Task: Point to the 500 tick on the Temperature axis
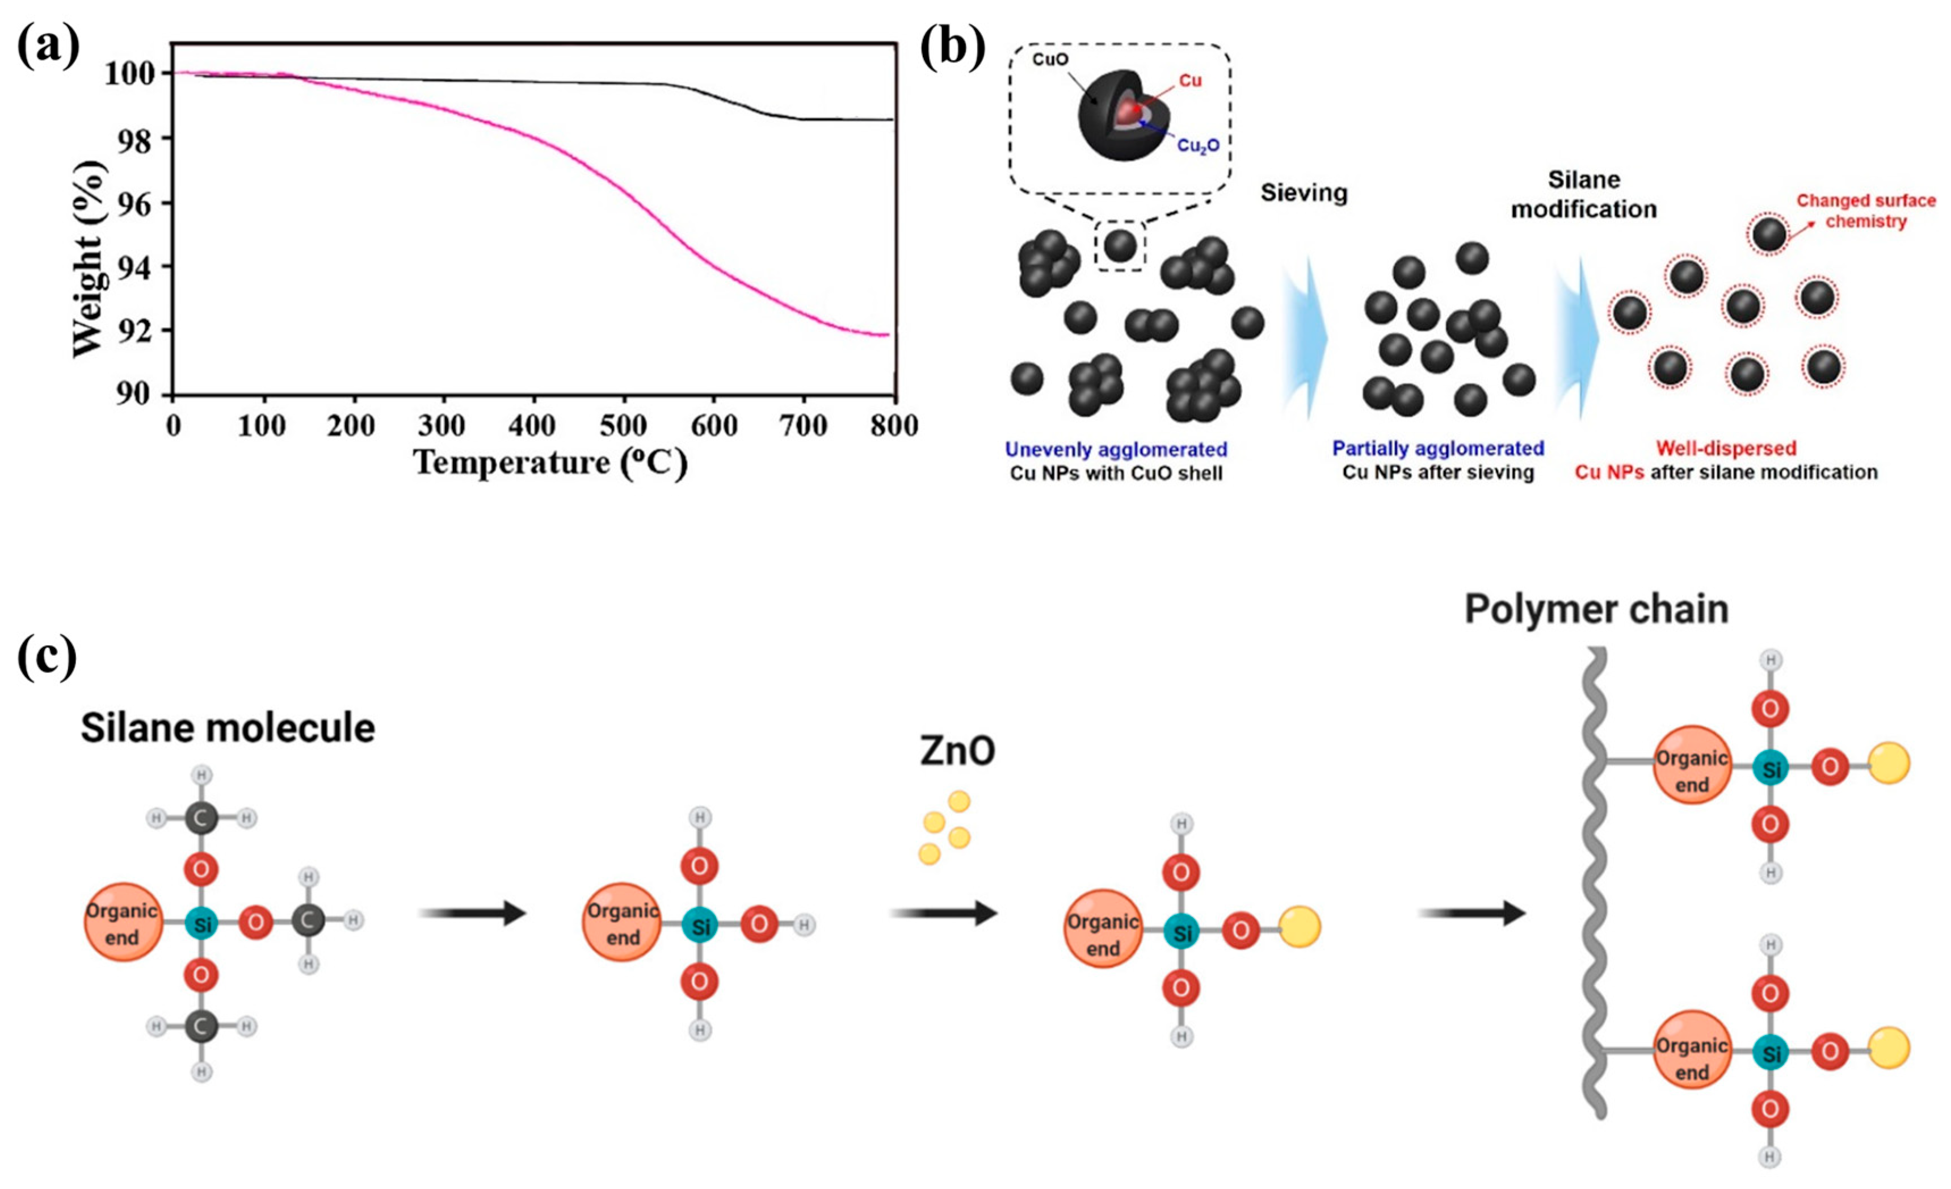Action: click(x=623, y=427)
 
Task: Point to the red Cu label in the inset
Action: click(x=1190, y=81)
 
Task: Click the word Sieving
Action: click(x=1304, y=192)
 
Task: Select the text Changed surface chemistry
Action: click(x=1865, y=211)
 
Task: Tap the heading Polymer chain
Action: click(x=1596, y=610)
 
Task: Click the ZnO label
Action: click(x=957, y=751)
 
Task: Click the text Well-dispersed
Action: click(x=1726, y=449)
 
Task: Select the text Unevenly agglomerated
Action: click(x=1116, y=450)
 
